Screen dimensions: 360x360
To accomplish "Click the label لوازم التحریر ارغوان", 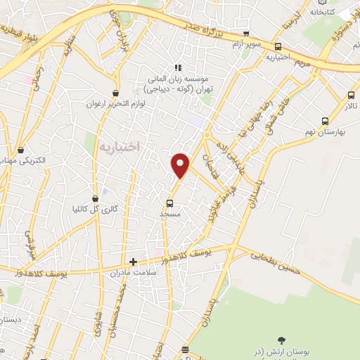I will point(115,103).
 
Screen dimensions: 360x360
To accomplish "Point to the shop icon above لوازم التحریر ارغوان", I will point(115,93).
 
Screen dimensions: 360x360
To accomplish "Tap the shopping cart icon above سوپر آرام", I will point(246,33).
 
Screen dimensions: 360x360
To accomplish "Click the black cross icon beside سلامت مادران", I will point(133,262).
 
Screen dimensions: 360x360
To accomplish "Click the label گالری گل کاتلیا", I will point(96,209).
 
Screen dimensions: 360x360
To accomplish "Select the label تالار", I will point(350,105).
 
